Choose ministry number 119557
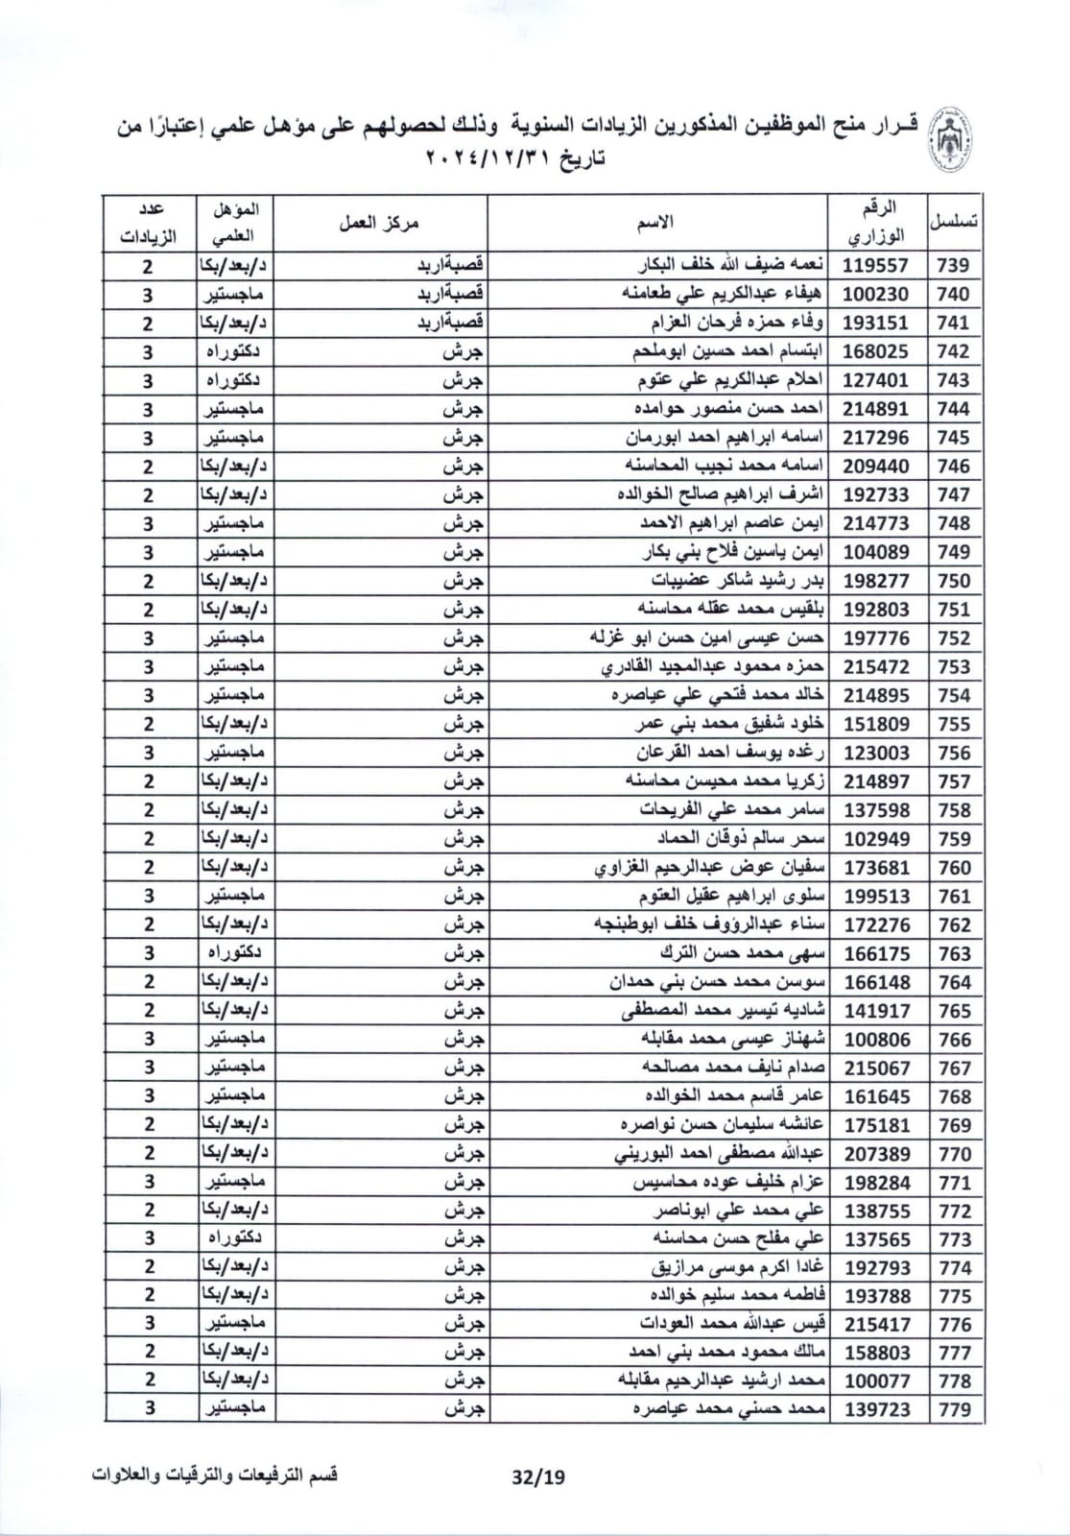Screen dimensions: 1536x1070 (876, 266)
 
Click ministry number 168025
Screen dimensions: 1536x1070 (876, 351)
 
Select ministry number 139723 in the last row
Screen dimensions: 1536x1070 (876, 1409)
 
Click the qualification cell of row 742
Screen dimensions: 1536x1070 (236, 351)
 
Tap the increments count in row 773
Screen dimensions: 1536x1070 (149, 1238)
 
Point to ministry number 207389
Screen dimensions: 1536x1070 (876, 1154)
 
